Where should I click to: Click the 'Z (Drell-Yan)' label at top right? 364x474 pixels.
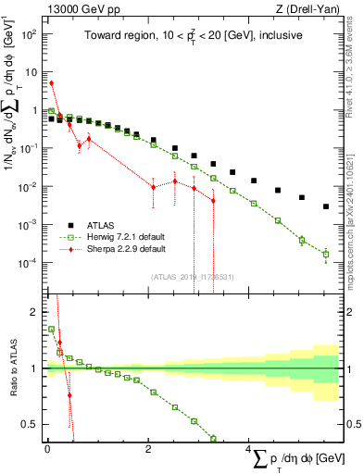pyautogui.click(x=310, y=8)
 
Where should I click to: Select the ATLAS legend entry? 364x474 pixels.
pyautogui.click(x=105, y=225)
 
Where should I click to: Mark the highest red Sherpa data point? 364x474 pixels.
pyautogui.click(x=51, y=83)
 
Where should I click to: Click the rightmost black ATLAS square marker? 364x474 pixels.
pyautogui.click(x=325, y=206)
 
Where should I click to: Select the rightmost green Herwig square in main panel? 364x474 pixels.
pyautogui.click(x=325, y=253)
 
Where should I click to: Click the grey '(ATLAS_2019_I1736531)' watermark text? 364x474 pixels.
pyautogui.click(x=192, y=277)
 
